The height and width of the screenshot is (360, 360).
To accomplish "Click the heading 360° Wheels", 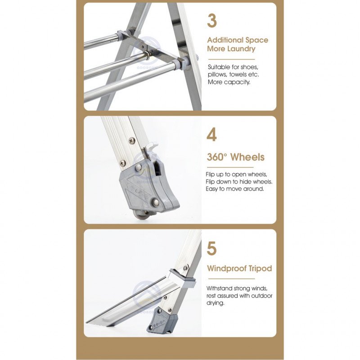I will point(235,157).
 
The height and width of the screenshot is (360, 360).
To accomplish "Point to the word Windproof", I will point(227,268).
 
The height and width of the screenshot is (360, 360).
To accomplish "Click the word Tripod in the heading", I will point(261,268).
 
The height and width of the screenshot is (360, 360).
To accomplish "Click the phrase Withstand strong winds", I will point(237,288).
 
